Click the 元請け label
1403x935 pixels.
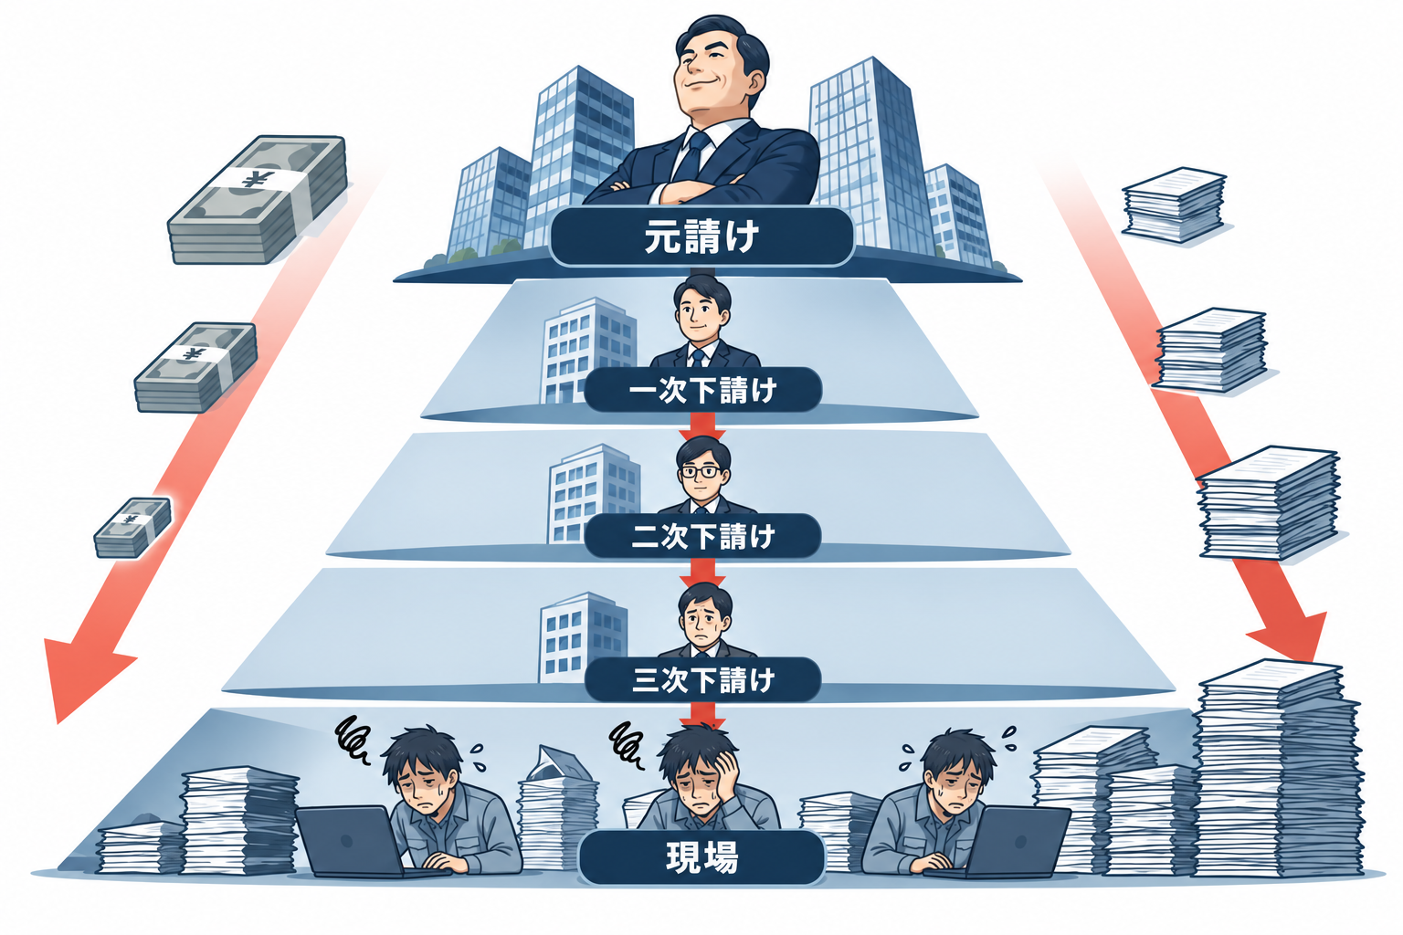click(x=701, y=236)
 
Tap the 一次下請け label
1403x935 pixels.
click(x=702, y=390)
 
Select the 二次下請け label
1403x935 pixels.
click(x=702, y=536)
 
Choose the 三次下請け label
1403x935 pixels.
click(x=702, y=679)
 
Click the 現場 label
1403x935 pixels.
click(x=701, y=857)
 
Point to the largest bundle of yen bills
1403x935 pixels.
click(x=258, y=199)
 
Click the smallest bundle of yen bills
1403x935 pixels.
click(x=132, y=528)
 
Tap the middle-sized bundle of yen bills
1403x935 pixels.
click(x=195, y=367)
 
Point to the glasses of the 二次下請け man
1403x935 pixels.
click(x=700, y=471)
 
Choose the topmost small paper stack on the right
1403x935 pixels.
click(x=1173, y=205)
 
